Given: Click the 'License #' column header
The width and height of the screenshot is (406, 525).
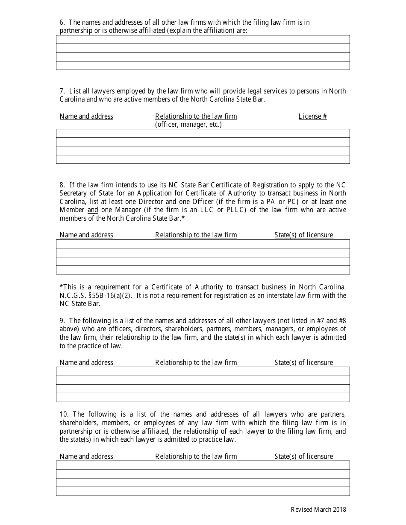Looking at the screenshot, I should tap(312, 116).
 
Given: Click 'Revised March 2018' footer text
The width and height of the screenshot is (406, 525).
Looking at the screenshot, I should tap(318, 509).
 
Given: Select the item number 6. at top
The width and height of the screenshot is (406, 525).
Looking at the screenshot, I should tap(62, 22).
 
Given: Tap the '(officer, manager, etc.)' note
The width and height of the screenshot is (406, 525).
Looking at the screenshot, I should tap(188, 125).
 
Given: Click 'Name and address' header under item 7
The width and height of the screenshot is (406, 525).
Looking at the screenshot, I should tap(86, 116).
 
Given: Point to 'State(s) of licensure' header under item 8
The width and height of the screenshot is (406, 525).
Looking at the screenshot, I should tap(303, 235).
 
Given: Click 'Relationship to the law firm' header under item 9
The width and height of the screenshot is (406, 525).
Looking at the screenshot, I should tap(196, 362).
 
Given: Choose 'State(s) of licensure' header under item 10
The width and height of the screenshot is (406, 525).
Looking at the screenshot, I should tap(303, 456).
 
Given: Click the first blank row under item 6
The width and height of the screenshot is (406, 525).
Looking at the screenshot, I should tap(203, 40).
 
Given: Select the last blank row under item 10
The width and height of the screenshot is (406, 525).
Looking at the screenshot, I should tap(203, 491).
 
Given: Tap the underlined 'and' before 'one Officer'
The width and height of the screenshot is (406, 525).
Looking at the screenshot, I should tap(171, 201).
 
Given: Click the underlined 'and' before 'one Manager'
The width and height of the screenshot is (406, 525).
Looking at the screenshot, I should tap(93, 210).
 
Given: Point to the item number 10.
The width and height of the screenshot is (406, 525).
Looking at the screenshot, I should tap(64, 414).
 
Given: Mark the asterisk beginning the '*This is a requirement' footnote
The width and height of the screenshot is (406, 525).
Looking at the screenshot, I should tap(61, 286).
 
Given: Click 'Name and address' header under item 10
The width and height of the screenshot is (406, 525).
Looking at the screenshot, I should tap(86, 456).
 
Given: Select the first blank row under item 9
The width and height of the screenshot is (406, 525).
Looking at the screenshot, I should tap(203, 371).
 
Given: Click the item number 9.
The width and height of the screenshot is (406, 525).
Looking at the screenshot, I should tap(62, 320).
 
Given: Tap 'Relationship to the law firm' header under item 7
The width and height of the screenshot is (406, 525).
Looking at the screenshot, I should tap(196, 116).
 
